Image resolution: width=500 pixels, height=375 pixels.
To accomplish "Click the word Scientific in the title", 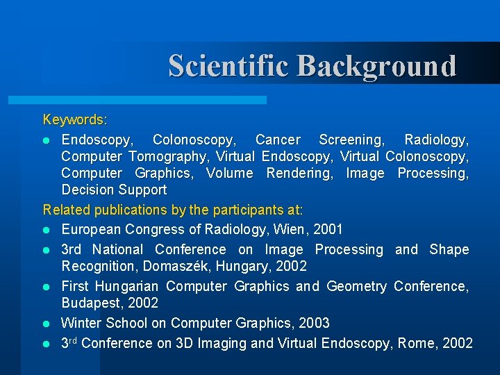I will coord(229,66).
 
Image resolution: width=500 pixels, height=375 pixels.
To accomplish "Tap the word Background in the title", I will coord(377,66).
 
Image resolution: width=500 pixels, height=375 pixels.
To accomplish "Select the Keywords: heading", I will coord(75,120).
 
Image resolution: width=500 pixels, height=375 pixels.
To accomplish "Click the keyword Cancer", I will coord(278,140).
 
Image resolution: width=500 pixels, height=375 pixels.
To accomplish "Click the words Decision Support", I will coord(114,190).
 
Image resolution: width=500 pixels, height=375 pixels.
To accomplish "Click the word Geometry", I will coord(356,286).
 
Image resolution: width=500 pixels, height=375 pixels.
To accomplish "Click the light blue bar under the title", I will coord(153,100).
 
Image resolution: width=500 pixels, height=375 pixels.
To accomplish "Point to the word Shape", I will coord(449,249).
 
